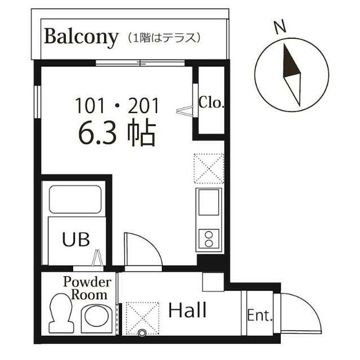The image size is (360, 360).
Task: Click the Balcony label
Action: point(81,38)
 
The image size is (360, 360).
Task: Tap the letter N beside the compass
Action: point(280,26)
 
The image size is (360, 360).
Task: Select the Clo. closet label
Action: point(211,102)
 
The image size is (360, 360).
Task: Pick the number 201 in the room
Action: point(143,106)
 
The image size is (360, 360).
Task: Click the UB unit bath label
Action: point(76,239)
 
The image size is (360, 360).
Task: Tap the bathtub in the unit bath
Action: point(75,199)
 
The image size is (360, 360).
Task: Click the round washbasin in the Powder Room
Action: point(97,316)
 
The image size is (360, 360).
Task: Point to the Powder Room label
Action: point(87,289)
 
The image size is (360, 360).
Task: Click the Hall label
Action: point(187,310)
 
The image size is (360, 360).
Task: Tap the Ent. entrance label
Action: point(260,316)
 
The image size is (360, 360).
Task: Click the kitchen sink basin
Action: point(209,202)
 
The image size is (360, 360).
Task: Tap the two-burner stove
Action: point(209,238)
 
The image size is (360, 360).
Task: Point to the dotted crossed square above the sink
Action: point(209,169)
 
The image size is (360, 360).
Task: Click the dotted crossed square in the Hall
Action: point(142,318)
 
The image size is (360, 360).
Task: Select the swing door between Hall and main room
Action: point(143,251)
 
